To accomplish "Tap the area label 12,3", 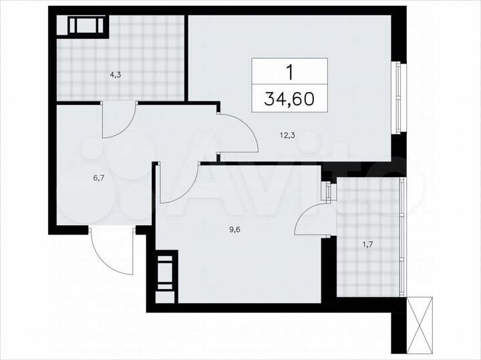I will pyautogui.click(x=288, y=135).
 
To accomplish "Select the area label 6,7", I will pyautogui.click(x=79, y=178).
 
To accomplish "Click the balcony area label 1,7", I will pyautogui.click(x=367, y=244).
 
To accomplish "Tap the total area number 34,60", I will pyautogui.click(x=290, y=100).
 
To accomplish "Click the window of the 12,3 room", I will pyautogui.click(x=399, y=98).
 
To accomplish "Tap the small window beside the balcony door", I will pyautogui.click(x=328, y=192).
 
